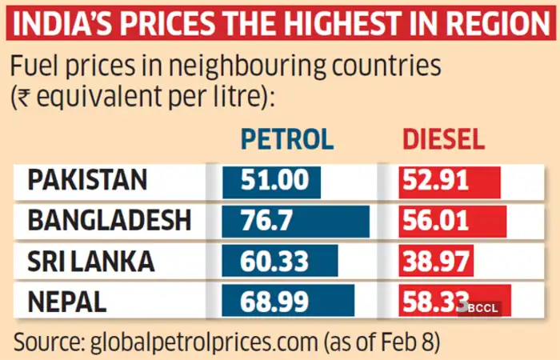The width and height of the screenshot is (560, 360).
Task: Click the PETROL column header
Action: pyautogui.click(x=286, y=139)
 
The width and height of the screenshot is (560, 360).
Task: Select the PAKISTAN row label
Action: pyautogui.click(x=87, y=180)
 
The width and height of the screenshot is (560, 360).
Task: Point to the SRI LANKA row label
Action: pyautogui.click(x=90, y=261)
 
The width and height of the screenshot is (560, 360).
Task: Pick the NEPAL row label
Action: pyautogui.click(x=68, y=301)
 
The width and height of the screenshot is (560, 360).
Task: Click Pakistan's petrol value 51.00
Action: pyautogui.click(x=270, y=180)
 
